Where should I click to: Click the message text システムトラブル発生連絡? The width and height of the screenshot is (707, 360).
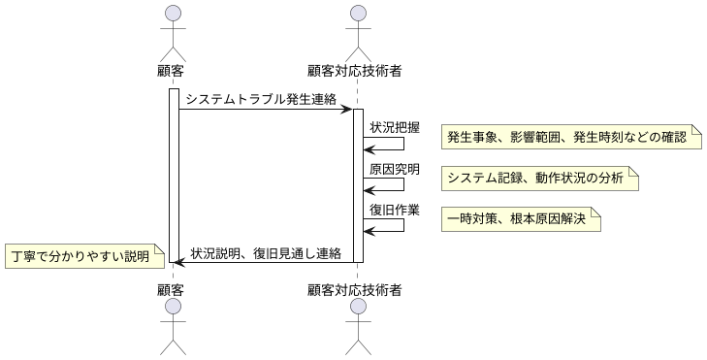[x=261, y=98]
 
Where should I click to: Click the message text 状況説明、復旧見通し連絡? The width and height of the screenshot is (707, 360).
[x=266, y=253]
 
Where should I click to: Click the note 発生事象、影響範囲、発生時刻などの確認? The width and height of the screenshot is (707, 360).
[x=571, y=137]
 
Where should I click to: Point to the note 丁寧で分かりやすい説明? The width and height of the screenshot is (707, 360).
[x=80, y=257]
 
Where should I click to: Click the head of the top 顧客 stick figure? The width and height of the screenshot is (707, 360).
[x=172, y=14]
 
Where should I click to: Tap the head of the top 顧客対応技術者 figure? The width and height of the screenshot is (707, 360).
[x=357, y=14]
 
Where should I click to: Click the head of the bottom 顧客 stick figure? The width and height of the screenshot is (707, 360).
[x=172, y=307]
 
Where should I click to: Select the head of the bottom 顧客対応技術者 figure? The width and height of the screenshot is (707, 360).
[x=357, y=307]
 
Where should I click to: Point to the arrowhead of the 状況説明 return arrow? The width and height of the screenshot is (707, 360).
[x=178, y=262]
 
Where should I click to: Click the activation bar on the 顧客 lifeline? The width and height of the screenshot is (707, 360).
[x=174, y=175]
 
